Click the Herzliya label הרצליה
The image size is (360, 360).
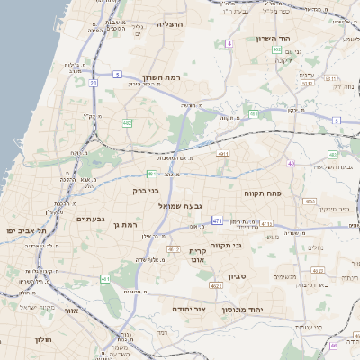click(x=169, y=24)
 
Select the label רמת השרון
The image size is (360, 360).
click(x=163, y=78)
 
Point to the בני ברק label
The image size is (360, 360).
click(x=140, y=192)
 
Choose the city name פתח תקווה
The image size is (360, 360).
click(x=263, y=193)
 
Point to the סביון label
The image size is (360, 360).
click(x=237, y=276)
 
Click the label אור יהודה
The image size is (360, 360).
click(x=190, y=309)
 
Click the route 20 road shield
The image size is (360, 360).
click(x=93, y=83)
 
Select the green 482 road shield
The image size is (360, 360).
click(x=128, y=122)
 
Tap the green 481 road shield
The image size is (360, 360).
click(x=254, y=114)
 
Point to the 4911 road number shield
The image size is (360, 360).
click(x=223, y=154)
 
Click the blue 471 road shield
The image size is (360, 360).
click(x=217, y=220)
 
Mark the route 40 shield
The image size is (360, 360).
click(x=292, y=163)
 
